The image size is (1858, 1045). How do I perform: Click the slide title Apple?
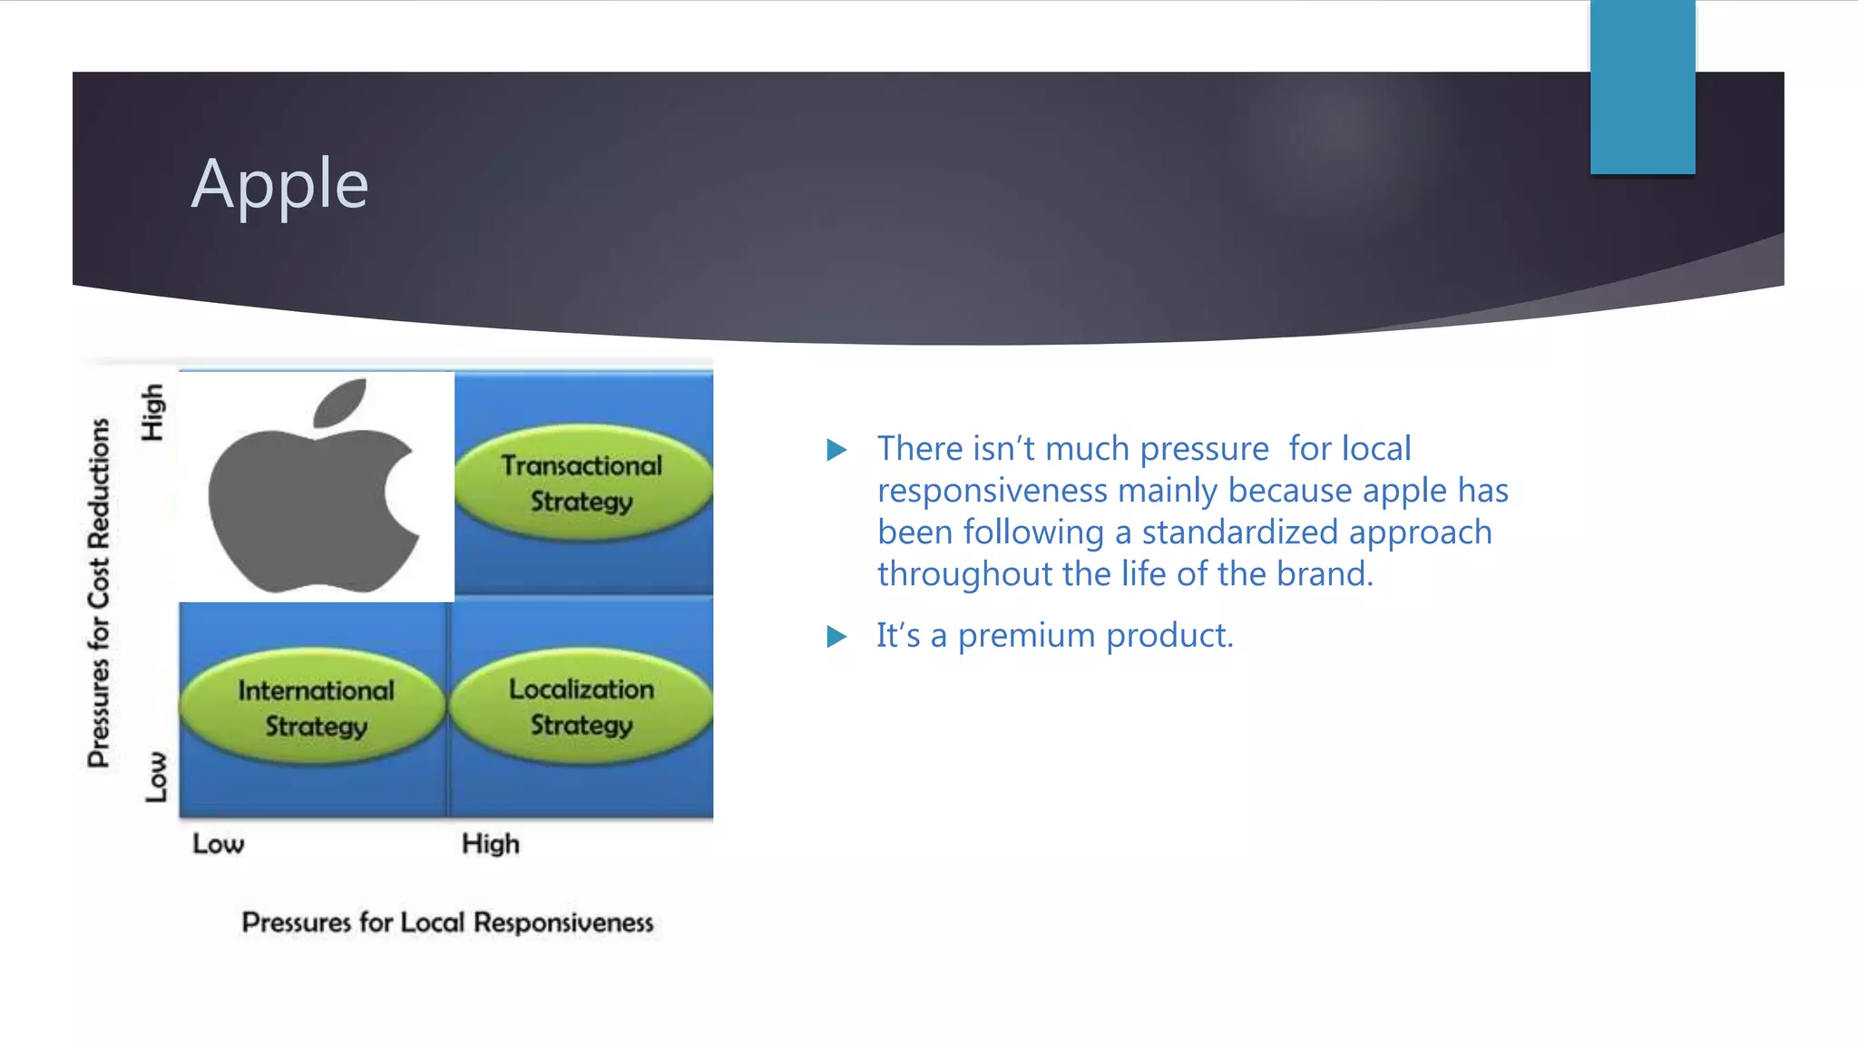click(x=279, y=184)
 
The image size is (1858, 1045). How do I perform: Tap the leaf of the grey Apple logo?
click(x=341, y=403)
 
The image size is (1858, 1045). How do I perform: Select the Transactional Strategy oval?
click(x=582, y=483)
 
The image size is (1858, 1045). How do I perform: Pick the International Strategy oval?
click(x=315, y=707)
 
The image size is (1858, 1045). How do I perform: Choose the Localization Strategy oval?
click(x=582, y=706)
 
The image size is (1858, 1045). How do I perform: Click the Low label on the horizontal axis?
click(x=218, y=844)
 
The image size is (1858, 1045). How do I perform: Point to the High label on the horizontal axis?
click(x=490, y=844)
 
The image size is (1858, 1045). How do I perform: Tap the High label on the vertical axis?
click(x=152, y=413)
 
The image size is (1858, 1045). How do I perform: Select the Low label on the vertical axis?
click(x=156, y=776)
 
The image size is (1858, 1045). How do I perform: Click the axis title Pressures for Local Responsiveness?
click(x=447, y=923)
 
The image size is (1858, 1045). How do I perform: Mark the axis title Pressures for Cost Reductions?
click(x=99, y=593)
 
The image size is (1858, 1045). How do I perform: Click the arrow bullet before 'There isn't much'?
click(x=836, y=450)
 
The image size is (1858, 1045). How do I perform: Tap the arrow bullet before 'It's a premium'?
click(x=836, y=637)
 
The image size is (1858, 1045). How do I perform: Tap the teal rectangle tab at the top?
click(x=1642, y=87)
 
